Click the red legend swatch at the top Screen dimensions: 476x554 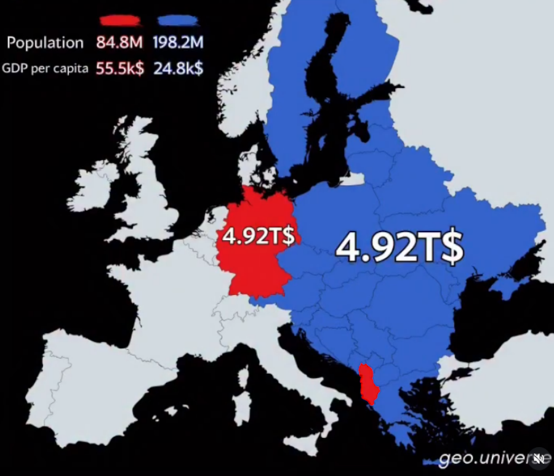point(120,21)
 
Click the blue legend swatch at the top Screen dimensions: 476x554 point(179,21)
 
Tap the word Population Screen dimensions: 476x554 point(45,43)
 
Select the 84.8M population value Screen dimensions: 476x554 point(119,43)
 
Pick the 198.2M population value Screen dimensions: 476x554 point(179,43)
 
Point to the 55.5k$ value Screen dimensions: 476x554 point(119,68)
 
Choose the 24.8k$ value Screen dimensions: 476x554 point(179,68)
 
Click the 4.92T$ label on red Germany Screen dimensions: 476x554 point(259,236)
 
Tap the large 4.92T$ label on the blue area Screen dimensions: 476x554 point(399,248)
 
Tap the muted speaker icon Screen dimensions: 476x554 point(539,458)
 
